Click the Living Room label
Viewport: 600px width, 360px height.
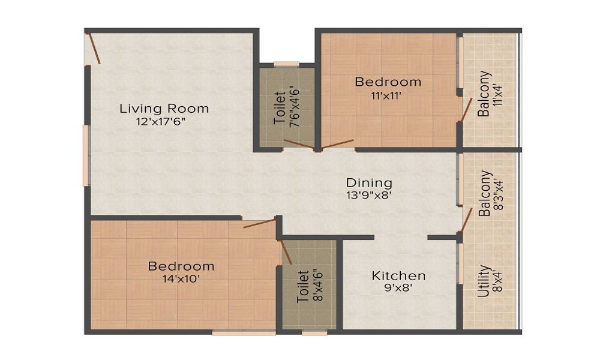(x=164, y=109)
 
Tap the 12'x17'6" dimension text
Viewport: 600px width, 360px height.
(x=164, y=122)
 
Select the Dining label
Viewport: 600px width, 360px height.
(x=369, y=182)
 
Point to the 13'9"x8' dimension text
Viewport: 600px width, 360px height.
(x=369, y=195)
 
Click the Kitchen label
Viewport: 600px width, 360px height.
(x=399, y=275)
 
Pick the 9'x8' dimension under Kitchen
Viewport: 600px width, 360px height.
(x=399, y=288)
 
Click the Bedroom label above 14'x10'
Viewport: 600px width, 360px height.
(x=181, y=266)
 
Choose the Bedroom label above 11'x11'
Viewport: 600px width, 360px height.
(x=388, y=82)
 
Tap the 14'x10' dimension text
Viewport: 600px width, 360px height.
(x=181, y=278)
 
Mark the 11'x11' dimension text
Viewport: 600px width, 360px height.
(x=388, y=95)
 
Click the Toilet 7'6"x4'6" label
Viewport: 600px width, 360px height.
(x=286, y=106)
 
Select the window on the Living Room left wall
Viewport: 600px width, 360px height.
(x=86, y=155)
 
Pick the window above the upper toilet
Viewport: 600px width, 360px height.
(x=286, y=64)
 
